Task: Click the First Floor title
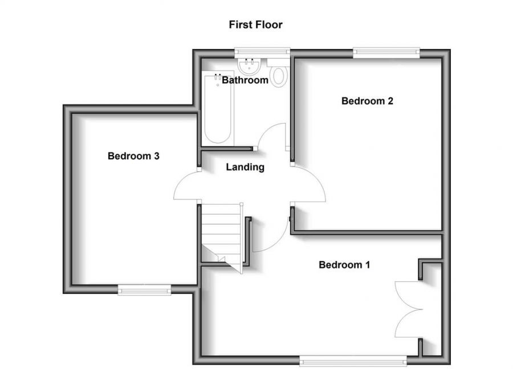(255, 24)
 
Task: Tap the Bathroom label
(245, 80)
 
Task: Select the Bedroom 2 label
(367, 101)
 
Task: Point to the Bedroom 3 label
(133, 156)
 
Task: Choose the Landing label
(245, 167)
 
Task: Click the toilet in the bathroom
(278, 75)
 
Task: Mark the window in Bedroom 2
(387, 54)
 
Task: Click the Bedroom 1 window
(353, 359)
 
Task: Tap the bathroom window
(263, 54)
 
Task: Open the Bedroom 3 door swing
(186, 187)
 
